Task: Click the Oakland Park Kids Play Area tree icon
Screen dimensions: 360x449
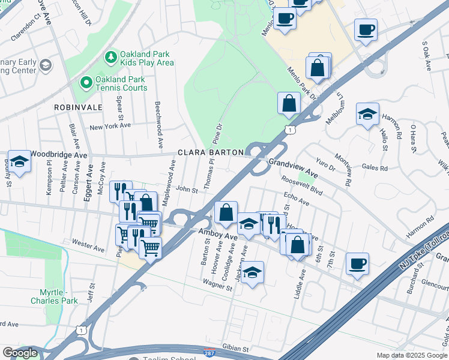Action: coord(110,57)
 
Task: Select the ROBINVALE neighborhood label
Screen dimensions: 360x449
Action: coord(77,107)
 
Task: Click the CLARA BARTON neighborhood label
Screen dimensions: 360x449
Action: coord(210,152)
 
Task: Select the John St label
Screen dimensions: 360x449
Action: coord(187,190)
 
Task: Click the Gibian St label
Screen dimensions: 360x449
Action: coord(234,348)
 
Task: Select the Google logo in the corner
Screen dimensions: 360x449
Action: coord(20,353)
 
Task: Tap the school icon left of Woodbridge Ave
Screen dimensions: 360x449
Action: coord(19,161)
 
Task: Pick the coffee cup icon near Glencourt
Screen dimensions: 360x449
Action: coord(357,264)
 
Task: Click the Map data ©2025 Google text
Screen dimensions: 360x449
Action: coord(411,355)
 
